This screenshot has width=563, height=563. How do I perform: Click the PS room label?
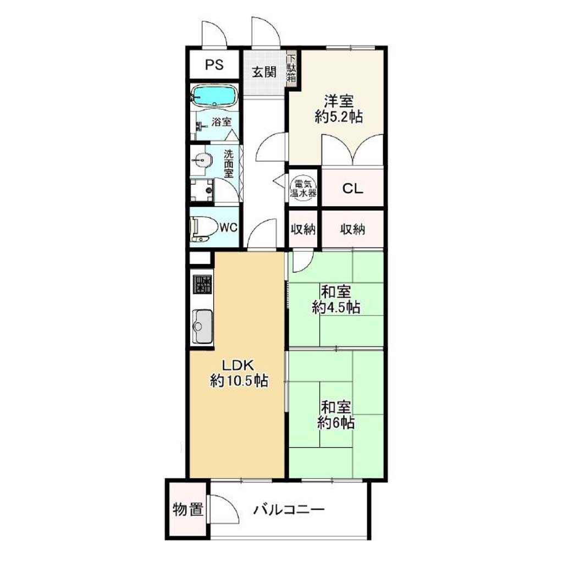(x=214, y=65)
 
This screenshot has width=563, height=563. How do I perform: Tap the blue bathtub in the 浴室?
(x=214, y=96)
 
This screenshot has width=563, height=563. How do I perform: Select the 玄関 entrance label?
(x=264, y=72)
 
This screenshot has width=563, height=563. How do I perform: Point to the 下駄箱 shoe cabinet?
(x=291, y=68)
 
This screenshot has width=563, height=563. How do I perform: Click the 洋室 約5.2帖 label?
(x=339, y=109)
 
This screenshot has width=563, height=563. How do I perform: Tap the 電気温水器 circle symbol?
(x=303, y=188)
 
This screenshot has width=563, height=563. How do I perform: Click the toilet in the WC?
(x=204, y=228)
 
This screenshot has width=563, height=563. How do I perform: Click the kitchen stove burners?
(x=202, y=284)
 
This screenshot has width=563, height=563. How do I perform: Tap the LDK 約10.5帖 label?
(x=239, y=373)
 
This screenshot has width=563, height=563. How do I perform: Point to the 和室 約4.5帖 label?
(x=336, y=300)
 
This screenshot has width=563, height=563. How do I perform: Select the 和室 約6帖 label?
(x=336, y=415)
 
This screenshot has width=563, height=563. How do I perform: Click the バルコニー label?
(x=289, y=510)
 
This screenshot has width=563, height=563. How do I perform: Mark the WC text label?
(x=228, y=227)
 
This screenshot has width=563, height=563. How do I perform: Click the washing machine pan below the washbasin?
(x=202, y=190)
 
